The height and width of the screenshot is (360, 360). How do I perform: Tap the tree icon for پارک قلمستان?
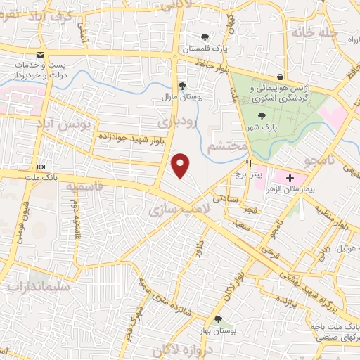pyautogui.click(x=205, y=37)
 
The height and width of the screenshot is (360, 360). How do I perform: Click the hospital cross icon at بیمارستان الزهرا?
pyautogui.click(x=290, y=179)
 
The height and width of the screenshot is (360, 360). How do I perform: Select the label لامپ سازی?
pyautogui.click(x=173, y=209)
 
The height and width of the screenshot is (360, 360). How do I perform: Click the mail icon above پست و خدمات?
pyautogui.click(x=41, y=56)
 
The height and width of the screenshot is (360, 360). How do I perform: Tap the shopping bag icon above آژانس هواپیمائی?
pyautogui.click(x=281, y=77)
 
